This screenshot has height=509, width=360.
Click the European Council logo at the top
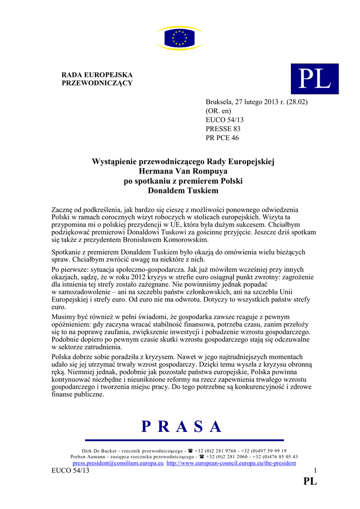point(180,38)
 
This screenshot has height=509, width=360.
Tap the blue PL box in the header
point(314,79)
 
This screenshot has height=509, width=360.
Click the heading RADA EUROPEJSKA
point(97,75)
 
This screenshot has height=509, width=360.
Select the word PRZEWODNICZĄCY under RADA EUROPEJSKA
point(97,83)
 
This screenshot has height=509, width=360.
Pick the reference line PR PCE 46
point(222,138)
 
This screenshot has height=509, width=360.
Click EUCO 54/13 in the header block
point(225,120)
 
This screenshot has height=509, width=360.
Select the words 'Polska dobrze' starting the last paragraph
point(74,357)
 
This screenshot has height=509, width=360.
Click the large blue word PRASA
point(181,426)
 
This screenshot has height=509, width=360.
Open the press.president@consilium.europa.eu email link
point(118,463)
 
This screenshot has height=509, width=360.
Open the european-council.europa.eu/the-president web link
point(231,463)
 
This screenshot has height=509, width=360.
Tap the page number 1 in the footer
point(315,471)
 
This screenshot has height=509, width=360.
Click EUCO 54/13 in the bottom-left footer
point(71,471)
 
